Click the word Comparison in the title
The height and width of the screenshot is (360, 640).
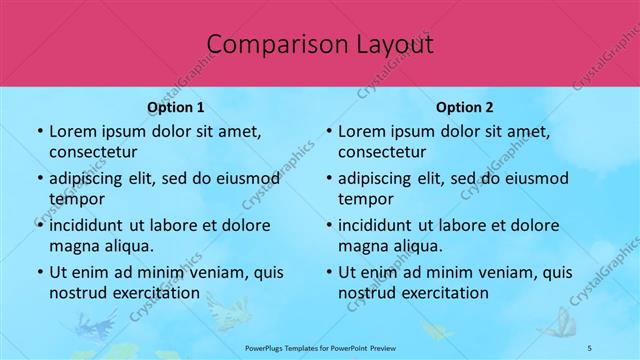[269, 44]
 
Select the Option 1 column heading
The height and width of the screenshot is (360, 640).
[175, 107]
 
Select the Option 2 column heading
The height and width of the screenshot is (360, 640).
[464, 107]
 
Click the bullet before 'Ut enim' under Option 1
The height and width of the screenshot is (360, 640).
[39, 272]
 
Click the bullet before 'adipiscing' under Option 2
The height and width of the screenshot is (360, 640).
[328, 179]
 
